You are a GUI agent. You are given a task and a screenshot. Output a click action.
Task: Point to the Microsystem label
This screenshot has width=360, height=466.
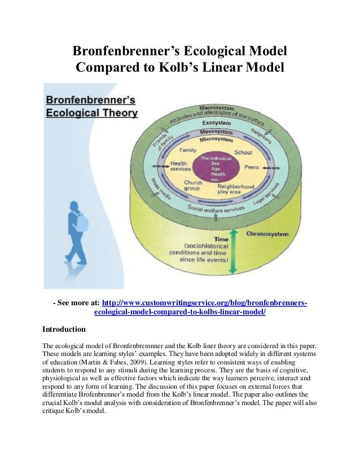click(x=216, y=139)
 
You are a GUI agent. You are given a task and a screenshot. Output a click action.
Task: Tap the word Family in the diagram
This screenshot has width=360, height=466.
click(x=188, y=151)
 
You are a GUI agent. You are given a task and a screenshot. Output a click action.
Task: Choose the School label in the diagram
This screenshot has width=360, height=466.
click(x=243, y=152)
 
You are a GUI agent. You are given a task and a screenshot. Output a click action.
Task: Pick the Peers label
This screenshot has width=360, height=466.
click(x=252, y=168)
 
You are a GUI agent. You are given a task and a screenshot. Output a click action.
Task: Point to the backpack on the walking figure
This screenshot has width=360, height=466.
click(x=82, y=223)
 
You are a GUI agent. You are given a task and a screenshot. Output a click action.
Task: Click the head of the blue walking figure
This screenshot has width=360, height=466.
click(x=73, y=206)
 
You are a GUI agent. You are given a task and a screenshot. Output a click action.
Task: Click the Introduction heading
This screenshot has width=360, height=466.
click(x=64, y=329)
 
